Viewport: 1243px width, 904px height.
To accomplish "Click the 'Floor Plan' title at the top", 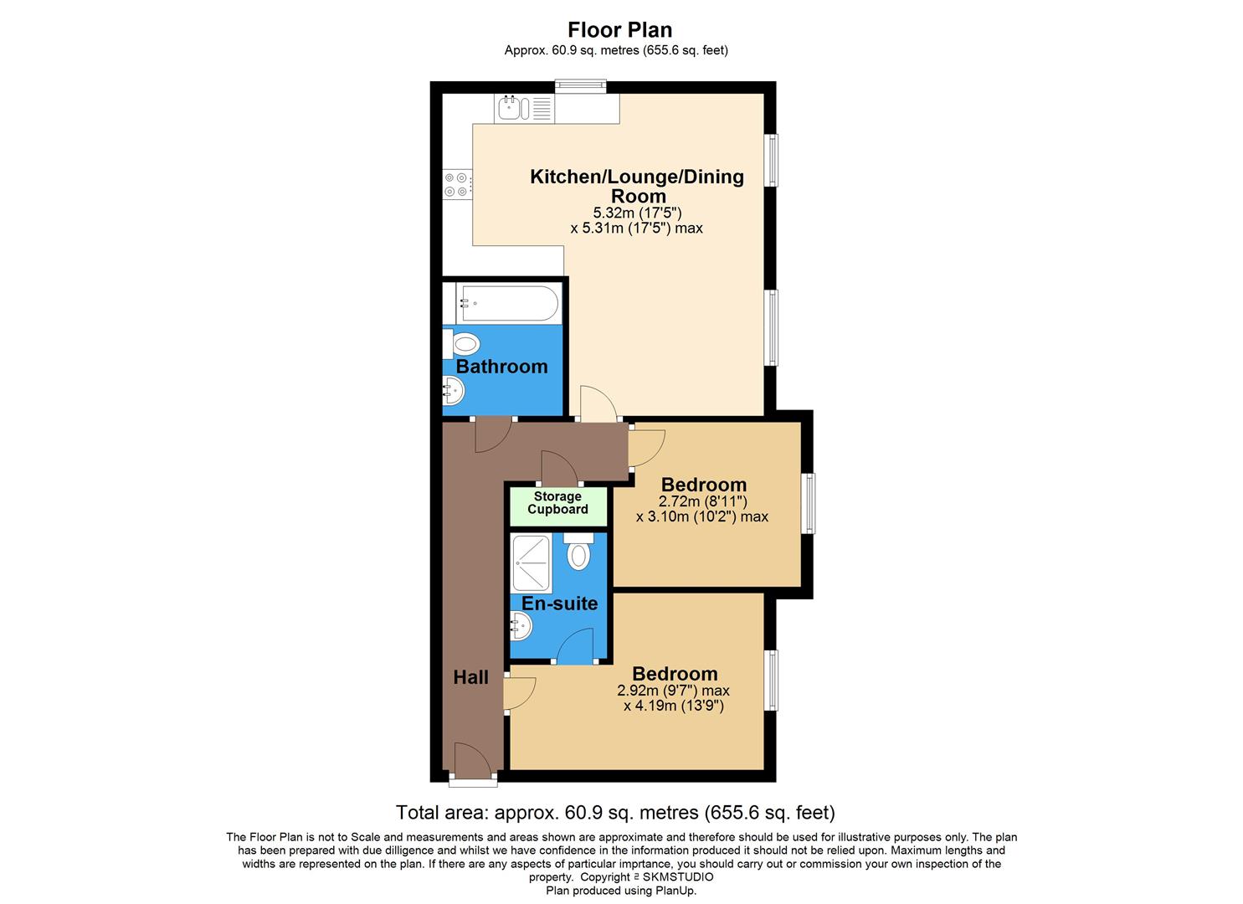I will pos(619,29).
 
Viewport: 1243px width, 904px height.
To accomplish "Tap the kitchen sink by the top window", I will pos(510,108).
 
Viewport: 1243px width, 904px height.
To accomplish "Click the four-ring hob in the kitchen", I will pos(457,184).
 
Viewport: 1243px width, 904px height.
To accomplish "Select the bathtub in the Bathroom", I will pos(507,303).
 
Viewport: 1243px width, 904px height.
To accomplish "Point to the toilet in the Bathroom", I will pos(464,343).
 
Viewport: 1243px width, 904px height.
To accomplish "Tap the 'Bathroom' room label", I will pos(501,367).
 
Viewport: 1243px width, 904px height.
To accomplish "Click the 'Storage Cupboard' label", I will pos(557,503).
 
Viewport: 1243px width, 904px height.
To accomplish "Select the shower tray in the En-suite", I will pos(532,564).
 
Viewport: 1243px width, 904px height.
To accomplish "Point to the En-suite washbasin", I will pos(521,624).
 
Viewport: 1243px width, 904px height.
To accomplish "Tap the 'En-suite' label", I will pos(559,604).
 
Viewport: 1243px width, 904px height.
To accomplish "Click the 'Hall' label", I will pos(470,677).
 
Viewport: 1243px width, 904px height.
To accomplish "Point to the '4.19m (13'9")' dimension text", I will pos(673,706).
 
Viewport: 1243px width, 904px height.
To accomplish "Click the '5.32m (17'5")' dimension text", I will pos(637,213).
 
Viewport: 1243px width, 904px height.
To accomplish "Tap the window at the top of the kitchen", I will pos(581,85).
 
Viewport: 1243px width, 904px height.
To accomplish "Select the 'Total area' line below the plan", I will pos(615,812).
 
